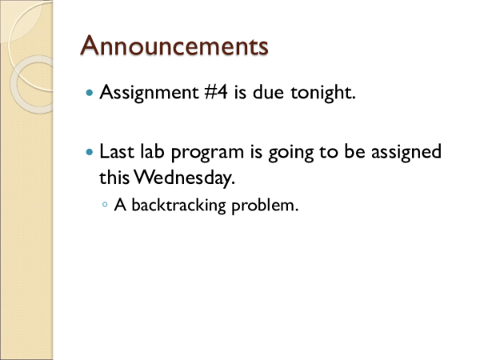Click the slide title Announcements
point(174,45)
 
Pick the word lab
point(160,151)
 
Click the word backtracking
point(178,206)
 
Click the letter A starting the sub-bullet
point(122,206)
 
